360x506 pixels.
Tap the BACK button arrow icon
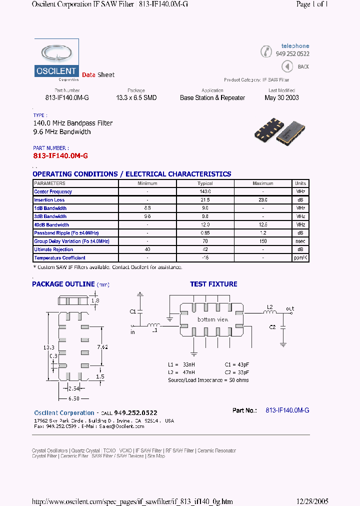287,66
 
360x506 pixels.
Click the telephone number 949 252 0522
292,53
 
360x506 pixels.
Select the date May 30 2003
281,98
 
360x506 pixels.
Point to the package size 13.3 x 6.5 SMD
136,98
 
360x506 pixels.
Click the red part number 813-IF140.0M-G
60,156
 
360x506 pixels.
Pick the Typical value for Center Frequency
205,191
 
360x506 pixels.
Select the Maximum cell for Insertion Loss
263,200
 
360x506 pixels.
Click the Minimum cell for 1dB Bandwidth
147,208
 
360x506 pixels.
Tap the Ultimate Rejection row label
53,249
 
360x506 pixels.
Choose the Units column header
300,183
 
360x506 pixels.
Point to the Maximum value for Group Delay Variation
263,241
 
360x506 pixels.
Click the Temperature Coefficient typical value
205,258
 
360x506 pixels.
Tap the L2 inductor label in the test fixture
269,306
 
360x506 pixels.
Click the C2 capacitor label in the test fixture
272,327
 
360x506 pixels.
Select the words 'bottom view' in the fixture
213,319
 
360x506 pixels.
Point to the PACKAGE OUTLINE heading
63,284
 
